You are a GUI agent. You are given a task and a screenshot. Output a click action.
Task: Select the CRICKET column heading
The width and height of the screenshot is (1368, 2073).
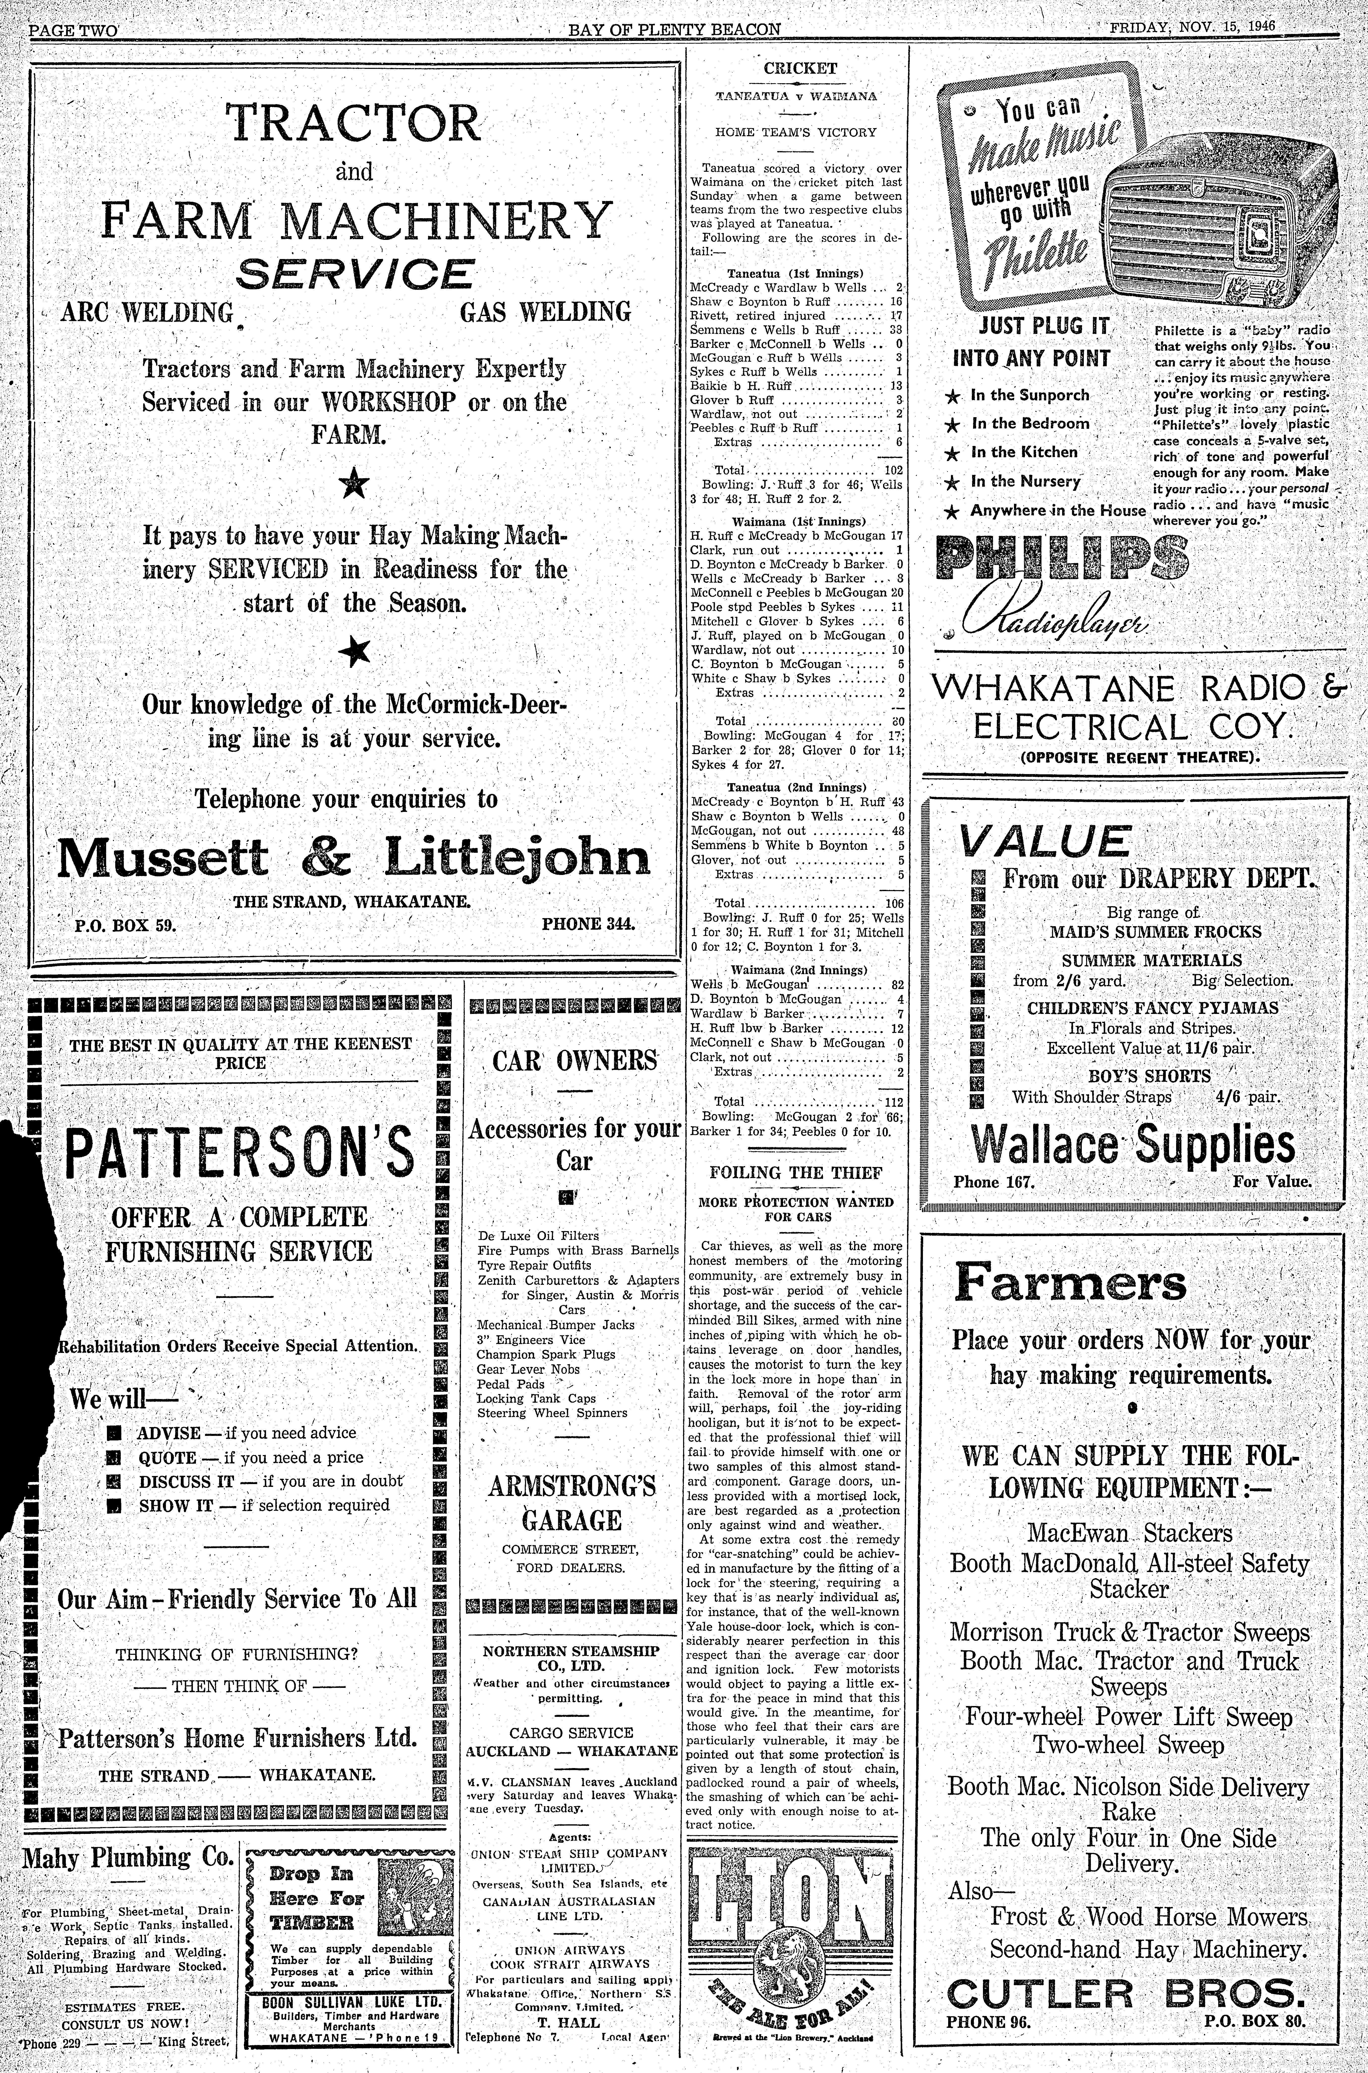(x=799, y=68)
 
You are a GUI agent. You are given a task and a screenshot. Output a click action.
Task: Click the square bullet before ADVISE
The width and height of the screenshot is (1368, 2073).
(x=113, y=1433)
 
